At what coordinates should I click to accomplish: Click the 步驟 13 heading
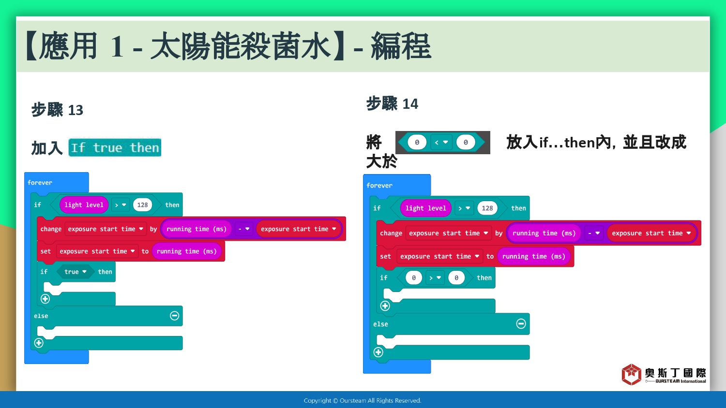click(x=58, y=110)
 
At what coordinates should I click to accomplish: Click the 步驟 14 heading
click(x=392, y=103)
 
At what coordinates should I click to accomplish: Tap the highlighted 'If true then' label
click(x=115, y=147)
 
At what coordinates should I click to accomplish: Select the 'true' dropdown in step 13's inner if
click(x=75, y=272)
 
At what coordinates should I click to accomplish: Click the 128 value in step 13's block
click(x=142, y=204)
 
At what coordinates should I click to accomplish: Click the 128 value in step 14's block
click(x=487, y=208)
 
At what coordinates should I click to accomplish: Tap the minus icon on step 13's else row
click(x=174, y=315)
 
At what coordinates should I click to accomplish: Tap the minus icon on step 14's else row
click(x=521, y=323)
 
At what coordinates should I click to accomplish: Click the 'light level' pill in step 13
click(x=84, y=204)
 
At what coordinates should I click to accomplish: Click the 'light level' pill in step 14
click(x=425, y=208)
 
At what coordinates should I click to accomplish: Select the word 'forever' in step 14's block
click(x=379, y=185)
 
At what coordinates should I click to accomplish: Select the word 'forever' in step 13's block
click(x=40, y=182)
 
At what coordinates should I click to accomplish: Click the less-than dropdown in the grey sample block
click(x=441, y=142)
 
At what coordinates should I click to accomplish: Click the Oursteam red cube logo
click(x=631, y=374)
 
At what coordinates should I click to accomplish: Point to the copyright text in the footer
click(x=363, y=401)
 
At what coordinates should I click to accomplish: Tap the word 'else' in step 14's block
click(x=380, y=324)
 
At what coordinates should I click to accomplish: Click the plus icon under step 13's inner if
click(x=45, y=299)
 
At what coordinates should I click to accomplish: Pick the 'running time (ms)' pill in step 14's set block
click(x=533, y=256)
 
